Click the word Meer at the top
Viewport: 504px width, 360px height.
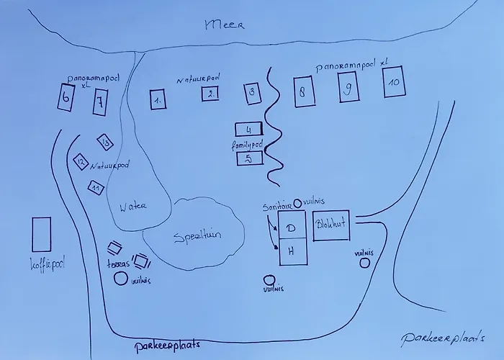pyautogui.click(x=225, y=24)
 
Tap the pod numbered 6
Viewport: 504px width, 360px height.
pyautogui.click(x=66, y=98)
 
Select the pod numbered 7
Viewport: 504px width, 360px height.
pyautogui.click(x=99, y=102)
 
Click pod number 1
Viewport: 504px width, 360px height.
pyautogui.click(x=158, y=100)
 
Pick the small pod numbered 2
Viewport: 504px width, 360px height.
pyautogui.click(x=210, y=93)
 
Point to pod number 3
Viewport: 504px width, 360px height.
pyautogui.click(x=251, y=92)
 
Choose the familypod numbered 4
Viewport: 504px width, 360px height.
pyautogui.click(x=248, y=130)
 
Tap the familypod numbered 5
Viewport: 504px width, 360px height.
pyautogui.click(x=248, y=158)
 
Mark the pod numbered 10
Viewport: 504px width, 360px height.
pyautogui.click(x=393, y=83)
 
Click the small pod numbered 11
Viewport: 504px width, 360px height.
pyautogui.click(x=94, y=187)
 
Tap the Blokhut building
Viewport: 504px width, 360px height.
pyautogui.click(x=331, y=225)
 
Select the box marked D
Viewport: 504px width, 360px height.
pyautogui.click(x=292, y=228)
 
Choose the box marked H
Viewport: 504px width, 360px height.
pyautogui.click(x=292, y=252)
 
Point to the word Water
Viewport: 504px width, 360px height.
pyautogui.click(x=132, y=207)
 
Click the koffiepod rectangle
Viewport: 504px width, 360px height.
pyautogui.click(x=42, y=235)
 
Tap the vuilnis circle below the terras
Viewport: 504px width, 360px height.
pyautogui.click(x=120, y=278)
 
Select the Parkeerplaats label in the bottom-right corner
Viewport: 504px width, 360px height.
pyautogui.click(x=442, y=337)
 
